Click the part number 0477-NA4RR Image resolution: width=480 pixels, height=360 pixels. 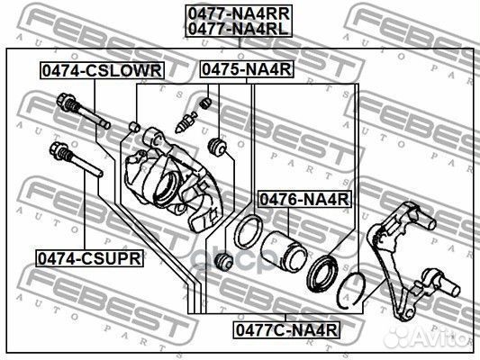(239, 13)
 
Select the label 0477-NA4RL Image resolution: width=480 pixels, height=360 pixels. (239, 29)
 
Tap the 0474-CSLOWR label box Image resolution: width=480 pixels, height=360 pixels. (102, 71)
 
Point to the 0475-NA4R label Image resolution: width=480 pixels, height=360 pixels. (247, 69)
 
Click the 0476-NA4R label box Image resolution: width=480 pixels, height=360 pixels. (304, 199)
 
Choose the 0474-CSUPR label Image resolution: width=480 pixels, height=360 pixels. (89, 258)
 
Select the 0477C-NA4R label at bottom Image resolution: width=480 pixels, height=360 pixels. (286, 329)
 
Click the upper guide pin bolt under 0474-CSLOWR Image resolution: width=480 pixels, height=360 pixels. (83, 111)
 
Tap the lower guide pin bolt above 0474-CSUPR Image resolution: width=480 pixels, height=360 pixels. (76, 159)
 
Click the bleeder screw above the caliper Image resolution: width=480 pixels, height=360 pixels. (186, 122)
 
